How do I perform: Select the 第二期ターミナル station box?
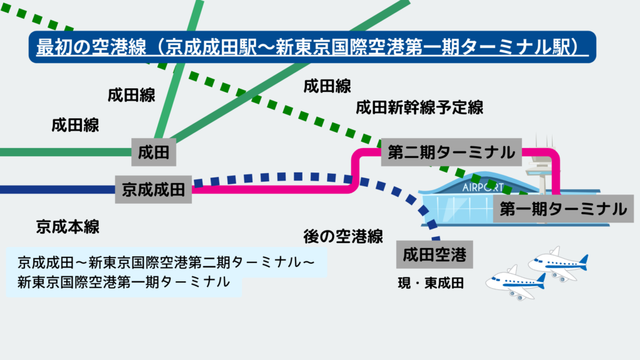click(x=451, y=152)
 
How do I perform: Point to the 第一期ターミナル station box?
click(x=563, y=210)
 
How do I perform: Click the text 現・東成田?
click(x=431, y=283)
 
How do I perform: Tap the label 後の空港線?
click(x=342, y=236)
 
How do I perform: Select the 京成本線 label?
click(x=67, y=226)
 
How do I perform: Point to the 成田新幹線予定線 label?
click(x=419, y=107)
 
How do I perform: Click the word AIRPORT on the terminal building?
click(x=483, y=187)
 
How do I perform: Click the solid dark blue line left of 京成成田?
click(x=56, y=189)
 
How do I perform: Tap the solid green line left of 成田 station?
click(x=62, y=152)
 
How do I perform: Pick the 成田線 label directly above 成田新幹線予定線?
click(x=327, y=86)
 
